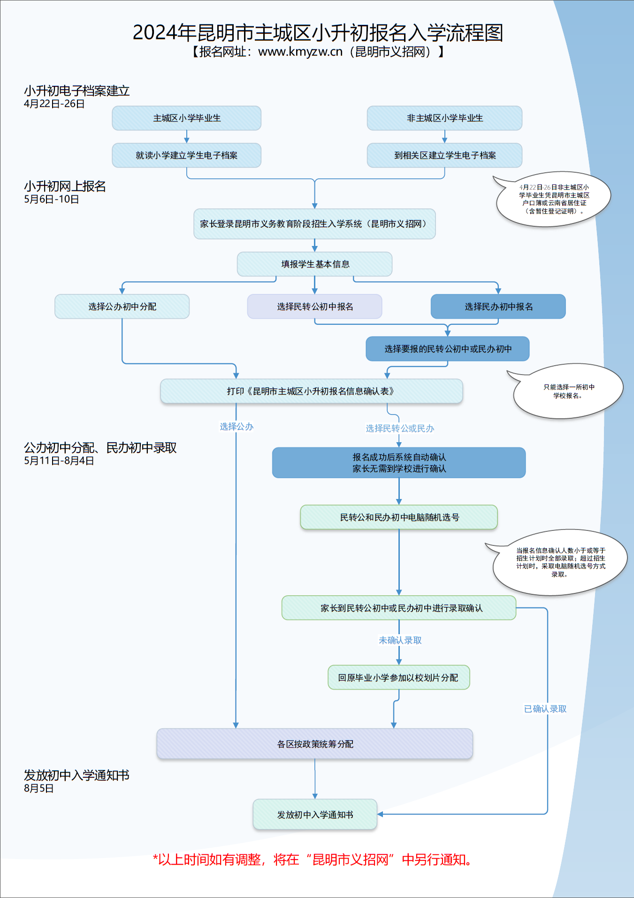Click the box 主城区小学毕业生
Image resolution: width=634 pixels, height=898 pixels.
click(x=186, y=118)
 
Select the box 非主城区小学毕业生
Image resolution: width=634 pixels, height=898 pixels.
click(x=444, y=118)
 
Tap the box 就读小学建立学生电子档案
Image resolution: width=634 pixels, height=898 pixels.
click(x=186, y=155)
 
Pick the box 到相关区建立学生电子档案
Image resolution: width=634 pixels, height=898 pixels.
click(x=444, y=155)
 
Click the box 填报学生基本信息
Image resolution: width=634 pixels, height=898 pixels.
click(x=314, y=264)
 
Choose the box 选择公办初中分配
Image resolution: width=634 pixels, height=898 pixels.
click(x=122, y=307)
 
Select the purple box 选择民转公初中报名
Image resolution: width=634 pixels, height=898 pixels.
click(x=314, y=307)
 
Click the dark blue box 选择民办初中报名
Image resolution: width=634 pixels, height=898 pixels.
click(x=498, y=307)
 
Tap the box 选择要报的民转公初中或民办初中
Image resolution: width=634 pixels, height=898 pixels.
click(x=448, y=349)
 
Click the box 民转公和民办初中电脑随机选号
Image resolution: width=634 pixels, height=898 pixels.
click(x=399, y=517)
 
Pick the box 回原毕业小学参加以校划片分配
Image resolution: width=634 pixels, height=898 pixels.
click(x=399, y=677)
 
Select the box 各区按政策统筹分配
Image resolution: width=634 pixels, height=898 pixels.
click(x=315, y=744)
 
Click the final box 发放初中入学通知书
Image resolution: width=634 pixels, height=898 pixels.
click(x=315, y=814)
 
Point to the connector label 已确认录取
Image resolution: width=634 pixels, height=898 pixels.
click(x=545, y=709)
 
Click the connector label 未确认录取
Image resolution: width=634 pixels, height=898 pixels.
click(x=400, y=640)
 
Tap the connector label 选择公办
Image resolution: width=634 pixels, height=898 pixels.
click(x=237, y=427)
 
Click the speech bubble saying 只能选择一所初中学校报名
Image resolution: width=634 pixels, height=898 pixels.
click(x=567, y=391)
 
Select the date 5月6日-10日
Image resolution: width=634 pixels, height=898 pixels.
click(x=52, y=199)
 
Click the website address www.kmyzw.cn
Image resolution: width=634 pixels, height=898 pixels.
click(x=300, y=52)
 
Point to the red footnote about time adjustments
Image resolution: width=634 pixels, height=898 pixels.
click(x=313, y=860)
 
